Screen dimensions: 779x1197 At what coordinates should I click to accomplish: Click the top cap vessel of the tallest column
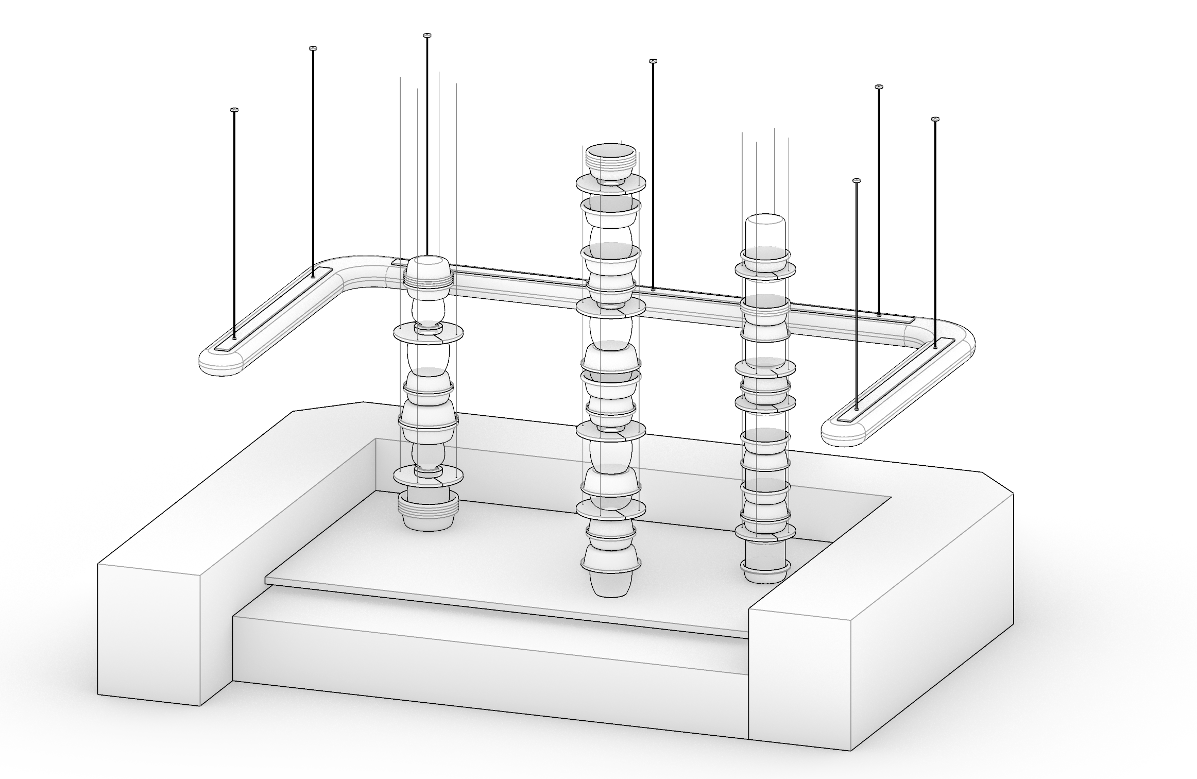pos(611,157)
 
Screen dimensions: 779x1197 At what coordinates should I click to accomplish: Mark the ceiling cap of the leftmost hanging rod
pos(234,110)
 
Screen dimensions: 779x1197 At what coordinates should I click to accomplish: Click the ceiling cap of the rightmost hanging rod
pos(935,120)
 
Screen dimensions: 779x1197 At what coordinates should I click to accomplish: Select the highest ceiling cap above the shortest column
pos(426,35)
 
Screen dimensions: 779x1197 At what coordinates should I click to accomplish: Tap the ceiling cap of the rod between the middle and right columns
pos(653,61)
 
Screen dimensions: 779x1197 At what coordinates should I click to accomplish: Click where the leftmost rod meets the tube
pos(234,337)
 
